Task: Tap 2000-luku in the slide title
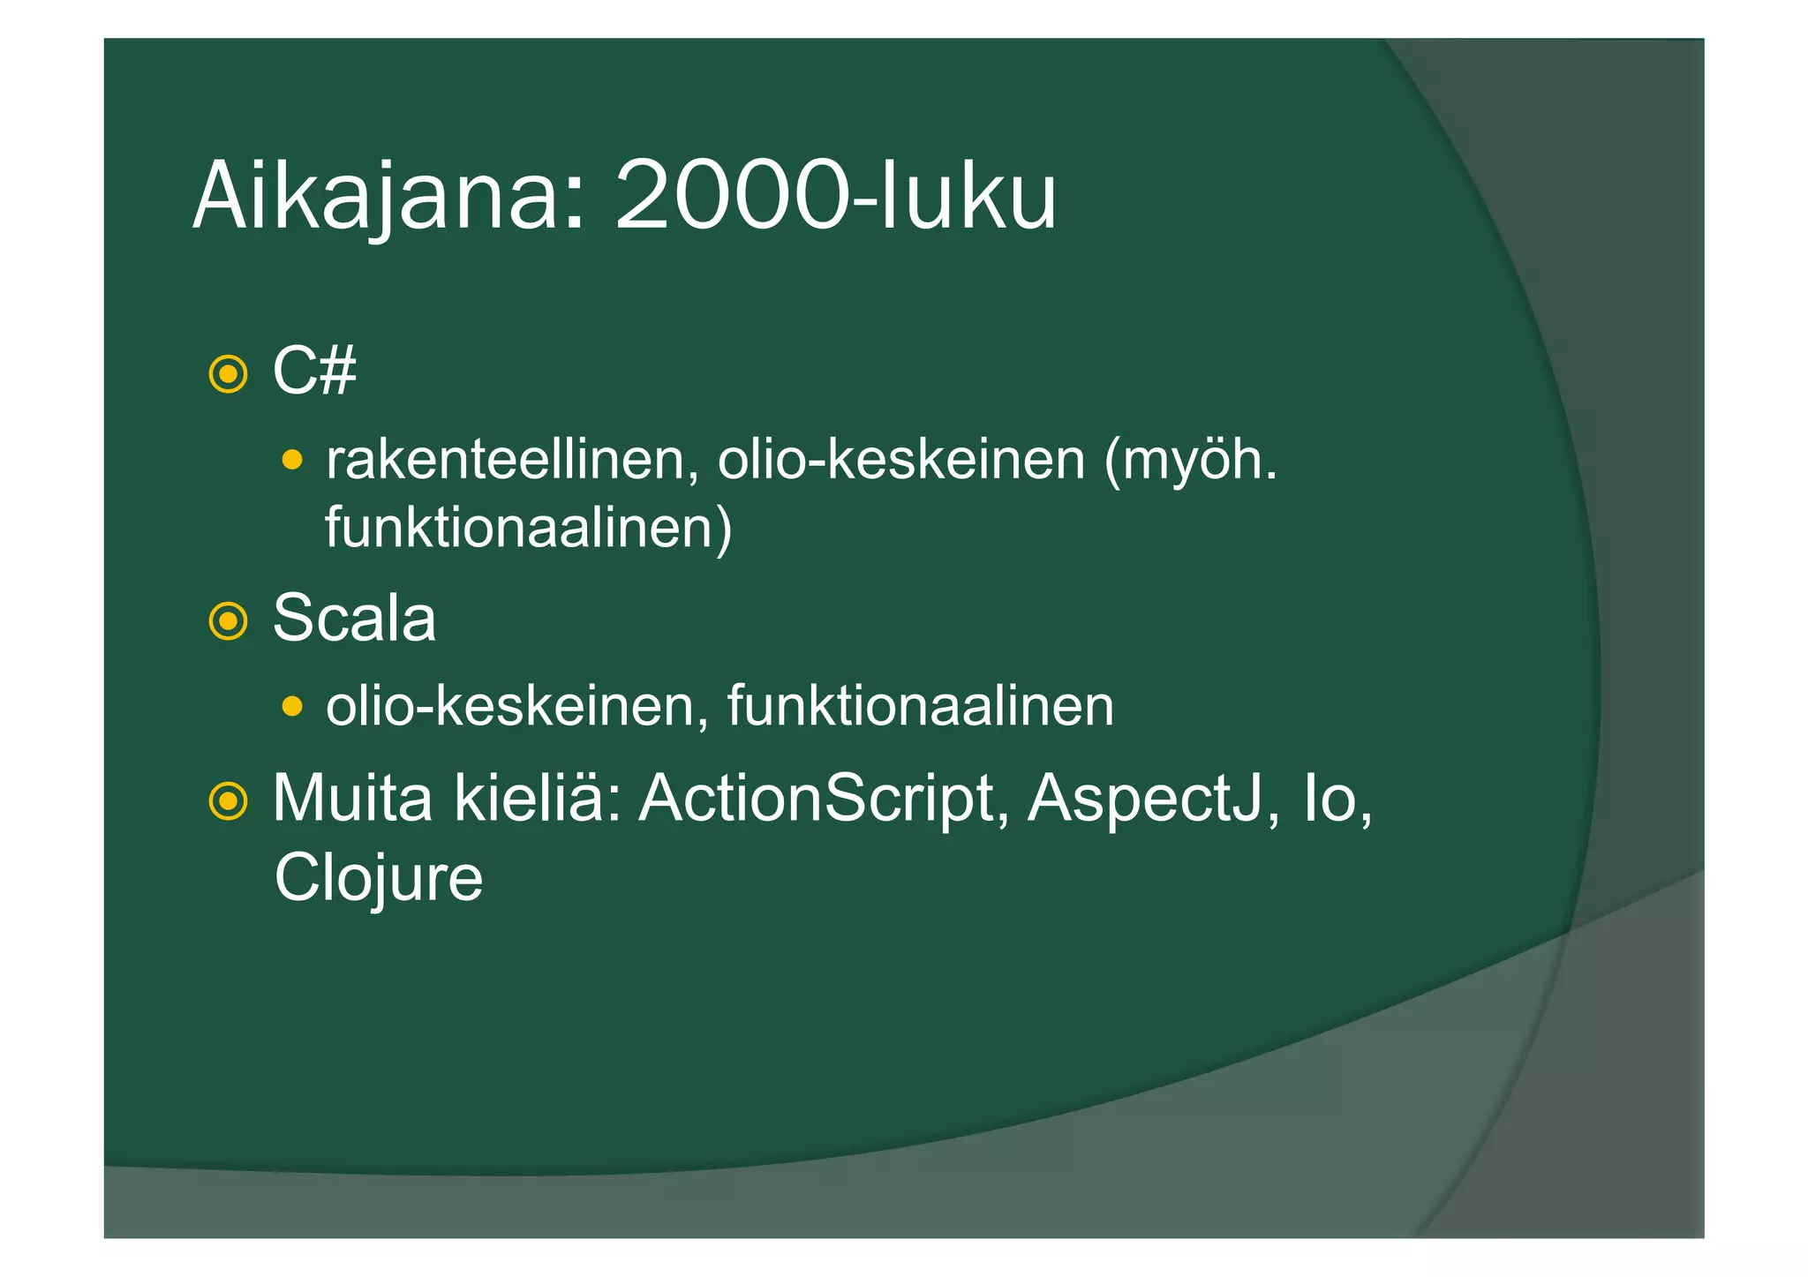tap(835, 196)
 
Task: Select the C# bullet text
tap(314, 372)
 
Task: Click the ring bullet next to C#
tap(228, 374)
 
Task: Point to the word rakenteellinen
tap(507, 460)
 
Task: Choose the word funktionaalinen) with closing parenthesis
tap(528, 529)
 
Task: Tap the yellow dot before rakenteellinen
tap(292, 460)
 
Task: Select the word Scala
tap(354, 619)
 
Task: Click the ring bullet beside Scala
tap(228, 621)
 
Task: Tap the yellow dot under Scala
tap(292, 706)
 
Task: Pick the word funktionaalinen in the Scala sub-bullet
tap(920, 706)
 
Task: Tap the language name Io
tap(1330, 799)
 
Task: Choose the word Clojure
tap(379, 879)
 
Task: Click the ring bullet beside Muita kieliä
tap(228, 801)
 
